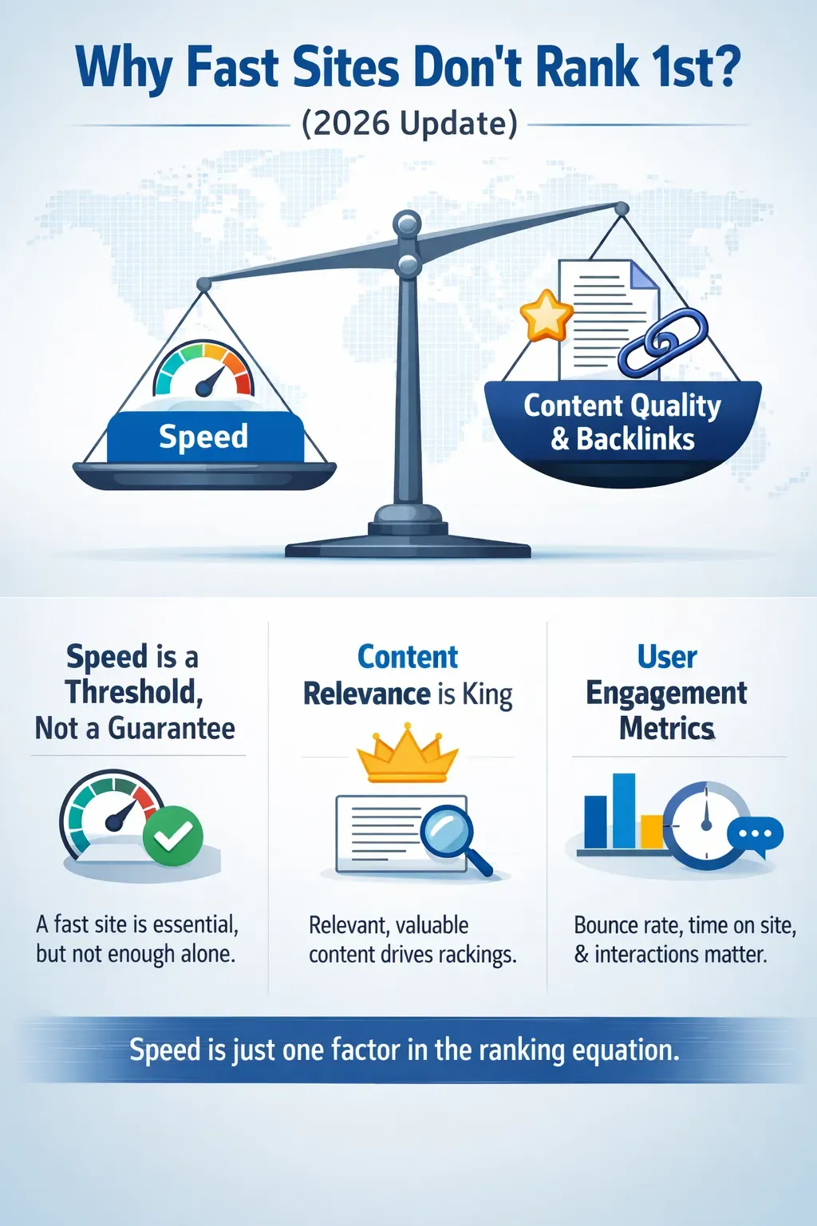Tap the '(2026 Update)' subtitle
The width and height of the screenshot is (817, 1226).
click(x=409, y=124)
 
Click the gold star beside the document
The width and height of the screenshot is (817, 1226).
click(x=546, y=315)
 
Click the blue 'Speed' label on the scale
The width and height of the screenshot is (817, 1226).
click(x=204, y=437)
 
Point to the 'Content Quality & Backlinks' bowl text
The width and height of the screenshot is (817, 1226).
click(x=622, y=421)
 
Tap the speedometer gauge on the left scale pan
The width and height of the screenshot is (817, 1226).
click(x=203, y=371)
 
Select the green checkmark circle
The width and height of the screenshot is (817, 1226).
click(x=173, y=836)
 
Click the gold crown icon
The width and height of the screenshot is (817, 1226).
click(x=408, y=754)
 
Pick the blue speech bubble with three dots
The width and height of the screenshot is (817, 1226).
click(x=756, y=835)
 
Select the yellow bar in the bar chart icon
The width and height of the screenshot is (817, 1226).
click(x=652, y=831)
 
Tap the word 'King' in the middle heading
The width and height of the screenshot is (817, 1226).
click(x=487, y=694)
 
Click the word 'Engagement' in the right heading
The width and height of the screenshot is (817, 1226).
click(x=666, y=694)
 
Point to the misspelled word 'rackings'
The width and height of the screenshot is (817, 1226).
click(x=476, y=955)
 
